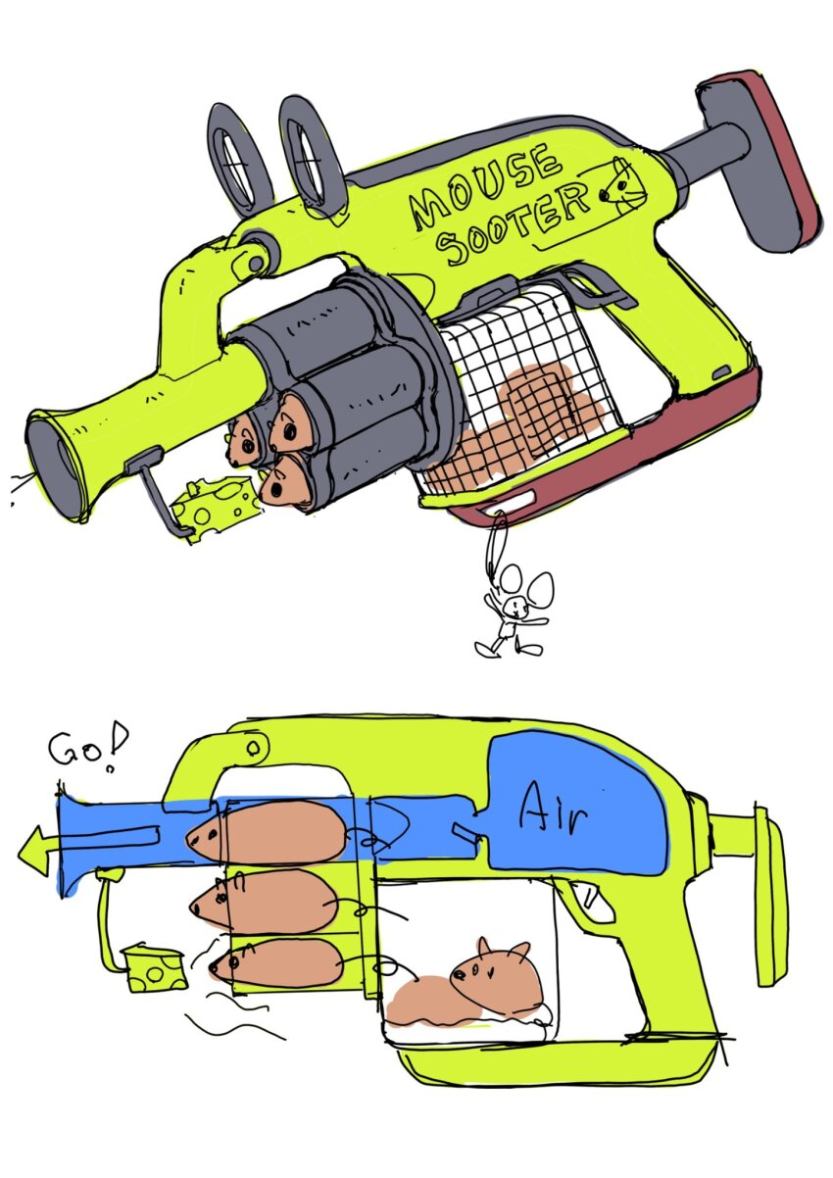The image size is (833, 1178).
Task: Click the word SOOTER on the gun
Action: (515, 225)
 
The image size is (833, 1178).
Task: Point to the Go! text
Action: (82, 749)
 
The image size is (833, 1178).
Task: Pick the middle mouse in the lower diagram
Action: (265, 901)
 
